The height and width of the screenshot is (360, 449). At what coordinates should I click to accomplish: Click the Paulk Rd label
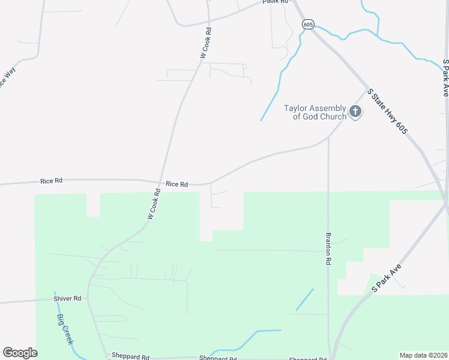(x=276, y=2)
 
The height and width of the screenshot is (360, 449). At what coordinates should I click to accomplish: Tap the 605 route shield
(x=308, y=24)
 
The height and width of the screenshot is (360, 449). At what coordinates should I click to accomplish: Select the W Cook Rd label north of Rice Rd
(x=205, y=43)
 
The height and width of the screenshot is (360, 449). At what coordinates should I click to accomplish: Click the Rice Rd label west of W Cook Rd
(x=51, y=180)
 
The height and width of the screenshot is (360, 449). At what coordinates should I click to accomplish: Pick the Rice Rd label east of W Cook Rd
(x=177, y=184)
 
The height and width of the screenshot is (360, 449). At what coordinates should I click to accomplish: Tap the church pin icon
(x=355, y=112)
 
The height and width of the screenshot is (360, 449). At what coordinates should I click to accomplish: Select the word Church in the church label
(x=333, y=116)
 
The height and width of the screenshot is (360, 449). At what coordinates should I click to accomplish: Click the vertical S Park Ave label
(x=445, y=78)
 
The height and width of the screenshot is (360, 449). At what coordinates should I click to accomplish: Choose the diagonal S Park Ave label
(x=385, y=277)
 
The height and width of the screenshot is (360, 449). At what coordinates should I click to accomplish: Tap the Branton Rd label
(x=328, y=249)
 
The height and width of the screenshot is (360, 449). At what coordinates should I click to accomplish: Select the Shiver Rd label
(x=68, y=298)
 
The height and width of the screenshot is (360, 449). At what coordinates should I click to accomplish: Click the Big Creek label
(x=65, y=329)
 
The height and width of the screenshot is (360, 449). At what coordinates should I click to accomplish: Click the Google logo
(x=20, y=353)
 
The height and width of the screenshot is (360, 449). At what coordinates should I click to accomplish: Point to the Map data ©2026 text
(x=423, y=355)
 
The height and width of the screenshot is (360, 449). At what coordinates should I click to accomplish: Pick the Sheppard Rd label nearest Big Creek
(x=130, y=357)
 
